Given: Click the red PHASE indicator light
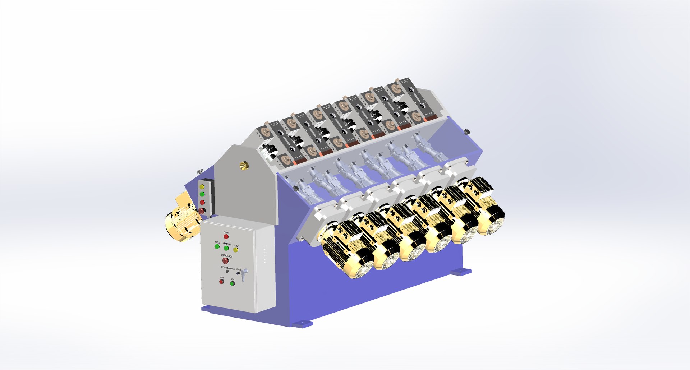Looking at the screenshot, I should click(x=226, y=236).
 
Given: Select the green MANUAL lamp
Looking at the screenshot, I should click(x=226, y=248).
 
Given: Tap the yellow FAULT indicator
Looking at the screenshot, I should click(x=236, y=250).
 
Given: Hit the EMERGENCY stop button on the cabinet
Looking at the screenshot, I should click(x=225, y=260).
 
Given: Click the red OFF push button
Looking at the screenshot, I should click(x=222, y=281).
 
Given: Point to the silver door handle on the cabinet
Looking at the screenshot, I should click(x=244, y=275).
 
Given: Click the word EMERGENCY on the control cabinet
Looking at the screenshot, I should click(x=226, y=256).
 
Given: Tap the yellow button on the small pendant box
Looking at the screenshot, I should click(x=202, y=187).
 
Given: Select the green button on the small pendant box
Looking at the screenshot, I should click(x=202, y=194).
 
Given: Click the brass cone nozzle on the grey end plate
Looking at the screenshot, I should click(x=244, y=166).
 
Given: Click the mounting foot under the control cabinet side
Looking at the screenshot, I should click(x=302, y=324).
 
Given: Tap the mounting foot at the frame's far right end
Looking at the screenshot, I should click(x=461, y=272).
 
